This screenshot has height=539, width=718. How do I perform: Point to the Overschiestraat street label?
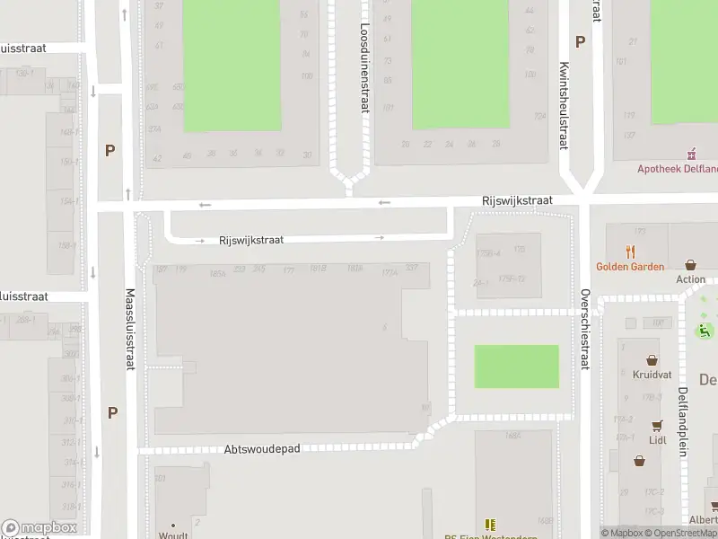(x=585, y=330)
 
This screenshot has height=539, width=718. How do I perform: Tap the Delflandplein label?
(x=683, y=421)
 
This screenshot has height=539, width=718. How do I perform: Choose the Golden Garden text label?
(x=630, y=267)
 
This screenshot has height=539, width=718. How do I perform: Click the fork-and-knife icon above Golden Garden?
(x=631, y=252)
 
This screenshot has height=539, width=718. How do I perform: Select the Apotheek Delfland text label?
(x=678, y=168)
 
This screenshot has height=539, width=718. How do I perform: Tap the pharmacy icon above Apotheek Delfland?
(x=691, y=154)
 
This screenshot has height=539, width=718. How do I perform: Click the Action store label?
(x=691, y=279)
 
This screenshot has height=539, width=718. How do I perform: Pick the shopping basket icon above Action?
(x=690, y=265)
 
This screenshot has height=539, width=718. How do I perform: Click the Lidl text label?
(x=658, y=440)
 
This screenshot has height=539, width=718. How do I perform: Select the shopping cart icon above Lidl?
(x=658, y=425)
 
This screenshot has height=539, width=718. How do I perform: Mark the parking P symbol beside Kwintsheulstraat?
(x=580, y=41)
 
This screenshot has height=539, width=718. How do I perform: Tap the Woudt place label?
(x=173, y=535)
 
